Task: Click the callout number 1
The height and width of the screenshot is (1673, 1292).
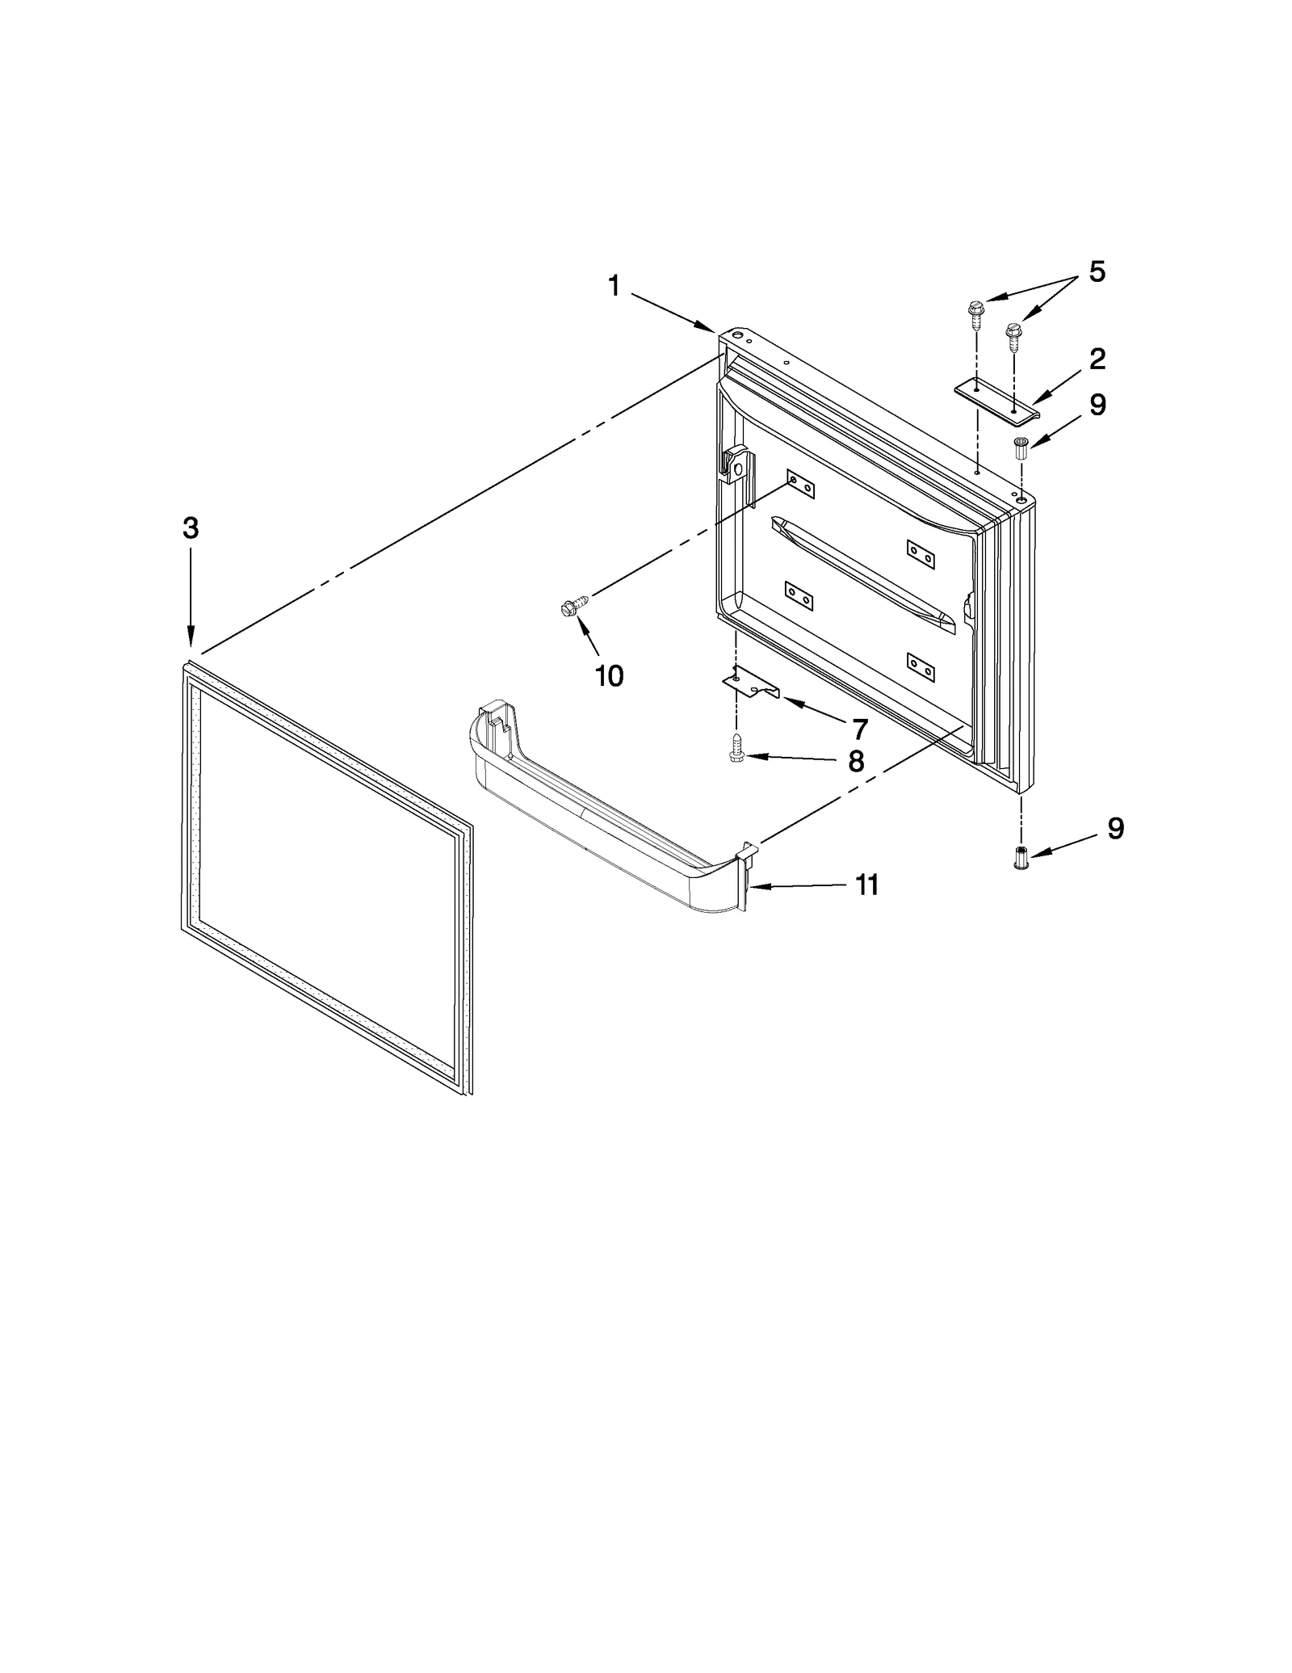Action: (x=614, y=285)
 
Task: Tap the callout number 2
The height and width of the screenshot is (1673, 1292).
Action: (x=1097, y=359)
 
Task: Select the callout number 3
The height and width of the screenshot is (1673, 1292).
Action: (x=190, y=528)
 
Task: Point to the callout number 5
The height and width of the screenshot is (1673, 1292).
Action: (x=1097, y=271)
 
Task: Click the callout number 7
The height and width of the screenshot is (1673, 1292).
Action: (x=859, y=729)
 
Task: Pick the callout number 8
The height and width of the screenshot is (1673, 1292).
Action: (x=856, y=760)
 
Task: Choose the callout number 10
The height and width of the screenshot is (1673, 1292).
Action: (x=609, y=675)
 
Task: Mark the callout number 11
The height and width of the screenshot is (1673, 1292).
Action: (x=866, y=885)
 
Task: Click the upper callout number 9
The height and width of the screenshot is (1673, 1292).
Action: (x=1097, y=405)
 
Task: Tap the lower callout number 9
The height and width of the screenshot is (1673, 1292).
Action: (x=1115, y=828)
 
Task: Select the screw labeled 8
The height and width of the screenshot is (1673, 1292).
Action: (x=736, y=746)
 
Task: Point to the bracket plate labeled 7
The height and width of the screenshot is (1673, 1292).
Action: (x=750, y=683)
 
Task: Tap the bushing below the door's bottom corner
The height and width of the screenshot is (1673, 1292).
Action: (x=1021, y=857)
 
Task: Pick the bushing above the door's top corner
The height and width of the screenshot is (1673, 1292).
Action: (x=1020, y=448)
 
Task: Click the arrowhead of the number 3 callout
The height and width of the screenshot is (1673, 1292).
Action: (x=191, y=641)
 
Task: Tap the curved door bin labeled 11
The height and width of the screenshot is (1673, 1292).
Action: (x=606, y=816)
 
